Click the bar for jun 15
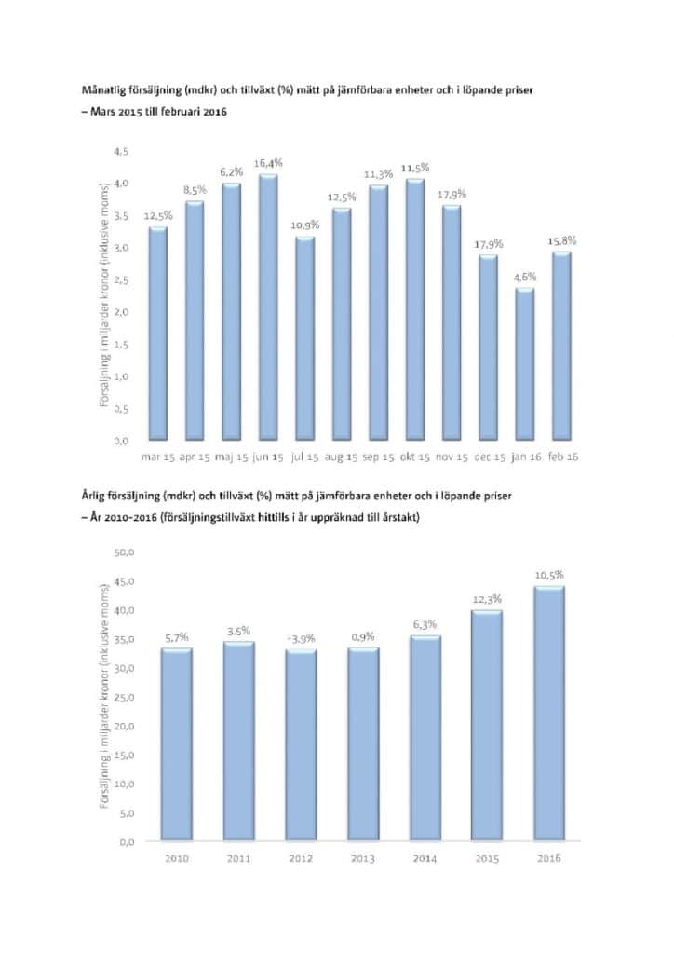click(268, 307)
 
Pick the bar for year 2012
click(300, 745)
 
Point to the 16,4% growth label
click(268, 163)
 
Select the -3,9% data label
click(300, 638)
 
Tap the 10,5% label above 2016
click(549, 576)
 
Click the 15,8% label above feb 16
click(561, 240)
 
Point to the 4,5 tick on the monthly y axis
click(121, 151)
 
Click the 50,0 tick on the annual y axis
click(124, 552)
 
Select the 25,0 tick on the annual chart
click(124, 697)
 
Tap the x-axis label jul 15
click(305, 457)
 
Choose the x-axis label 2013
click(362, 859)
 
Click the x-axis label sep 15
click(378, 457)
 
